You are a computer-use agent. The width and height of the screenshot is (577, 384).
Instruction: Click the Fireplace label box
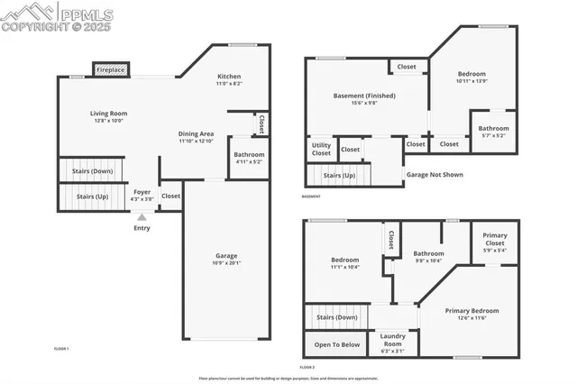[x=112, y=69]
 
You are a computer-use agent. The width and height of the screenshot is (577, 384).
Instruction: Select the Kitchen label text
[x=229, y=77]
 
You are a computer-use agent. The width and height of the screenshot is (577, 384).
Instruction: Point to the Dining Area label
[x=195, y=133]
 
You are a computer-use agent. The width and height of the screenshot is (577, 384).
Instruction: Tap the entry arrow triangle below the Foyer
[x=142, y=216]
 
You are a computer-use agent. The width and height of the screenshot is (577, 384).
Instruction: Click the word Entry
[x=142, y=228]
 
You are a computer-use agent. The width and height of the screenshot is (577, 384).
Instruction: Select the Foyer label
[x=142, y=192]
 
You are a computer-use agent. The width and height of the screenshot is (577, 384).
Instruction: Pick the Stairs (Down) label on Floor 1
[x=92, y=170]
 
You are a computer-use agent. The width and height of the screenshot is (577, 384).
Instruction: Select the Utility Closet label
[x=321, y=149]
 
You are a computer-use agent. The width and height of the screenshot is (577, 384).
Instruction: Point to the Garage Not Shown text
[x=435, y=175]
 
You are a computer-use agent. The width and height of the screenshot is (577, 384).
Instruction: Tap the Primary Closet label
[x=494, y=240]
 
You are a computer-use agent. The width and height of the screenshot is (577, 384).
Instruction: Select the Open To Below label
[x=337, y=344]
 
